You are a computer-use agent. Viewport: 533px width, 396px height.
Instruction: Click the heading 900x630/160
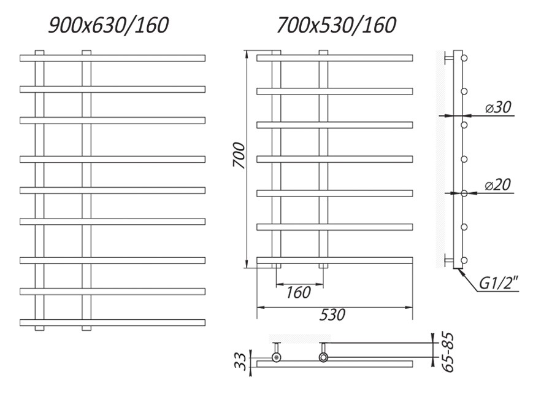pyautogui.click(x=109, y=25)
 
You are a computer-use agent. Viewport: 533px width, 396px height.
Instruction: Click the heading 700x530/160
pyautogui.click(x=336, y=25)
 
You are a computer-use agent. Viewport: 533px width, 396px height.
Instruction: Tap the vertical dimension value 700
pyautogui.click(x=239, y=156)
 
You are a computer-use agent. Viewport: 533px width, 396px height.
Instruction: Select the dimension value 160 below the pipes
pyautogui.click(x=299, y=293)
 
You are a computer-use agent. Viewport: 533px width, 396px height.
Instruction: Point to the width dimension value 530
pyautogui.click(x=332, y=315)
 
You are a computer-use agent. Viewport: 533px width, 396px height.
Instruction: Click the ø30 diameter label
pyautogui.click(x=497, y=107)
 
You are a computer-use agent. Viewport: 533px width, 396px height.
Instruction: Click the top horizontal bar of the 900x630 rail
pyautogui.click(x=112, y=58)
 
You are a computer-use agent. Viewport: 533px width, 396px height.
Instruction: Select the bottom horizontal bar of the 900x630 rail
pyautogui.click(x=112, y=322)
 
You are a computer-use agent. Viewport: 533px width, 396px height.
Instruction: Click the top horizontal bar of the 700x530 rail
pyautogui.click(x=334, y=58)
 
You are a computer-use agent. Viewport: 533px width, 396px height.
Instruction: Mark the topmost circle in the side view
pyautogui.click(x=464, y=58)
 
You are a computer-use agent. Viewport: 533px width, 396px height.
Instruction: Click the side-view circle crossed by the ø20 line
pyautogui.click(x=464, y=193)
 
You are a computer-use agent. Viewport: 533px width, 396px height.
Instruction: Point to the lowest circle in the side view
pyautogui.click(x=464, y=259)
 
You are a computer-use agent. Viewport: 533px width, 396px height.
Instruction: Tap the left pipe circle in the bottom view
pyautogui.click(x=277, y=356)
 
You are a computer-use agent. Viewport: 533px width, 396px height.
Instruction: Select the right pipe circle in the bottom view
pyautogui.click(x=323, y=356)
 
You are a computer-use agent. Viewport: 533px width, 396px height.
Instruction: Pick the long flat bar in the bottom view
pyautogui.click(x=334, y=364)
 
